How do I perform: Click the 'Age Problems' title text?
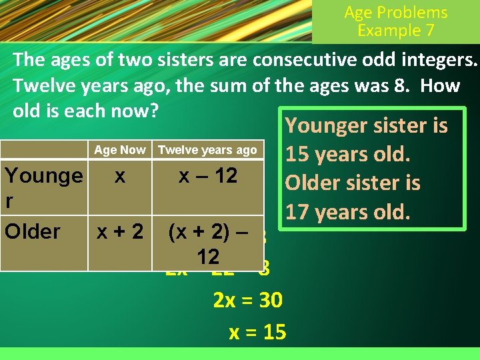395,13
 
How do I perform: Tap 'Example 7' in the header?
395,31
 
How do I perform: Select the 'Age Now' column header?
120,150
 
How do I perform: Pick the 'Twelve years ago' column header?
207,150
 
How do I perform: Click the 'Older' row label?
33,231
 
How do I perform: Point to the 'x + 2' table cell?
120,231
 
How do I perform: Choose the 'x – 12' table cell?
207,176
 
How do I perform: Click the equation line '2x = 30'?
248,301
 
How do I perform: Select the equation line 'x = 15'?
257,332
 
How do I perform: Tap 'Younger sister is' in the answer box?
366,125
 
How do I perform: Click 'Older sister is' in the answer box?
353,183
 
